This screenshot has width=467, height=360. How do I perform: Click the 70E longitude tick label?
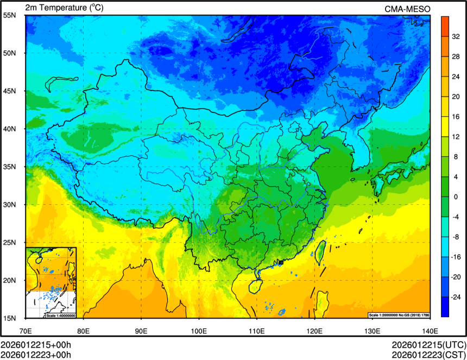pos(26,330)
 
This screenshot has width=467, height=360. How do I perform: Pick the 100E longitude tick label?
pos(199,330)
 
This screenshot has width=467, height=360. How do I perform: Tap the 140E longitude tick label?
pos(430,330)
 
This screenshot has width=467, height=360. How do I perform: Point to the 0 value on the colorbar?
pos(457,197)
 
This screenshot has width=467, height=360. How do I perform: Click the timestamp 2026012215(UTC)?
pos(429,346)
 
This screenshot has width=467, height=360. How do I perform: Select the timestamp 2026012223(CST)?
pos(429,355)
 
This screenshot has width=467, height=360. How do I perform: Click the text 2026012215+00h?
pos(36,346)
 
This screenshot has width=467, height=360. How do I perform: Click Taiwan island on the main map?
pos(320,251)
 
